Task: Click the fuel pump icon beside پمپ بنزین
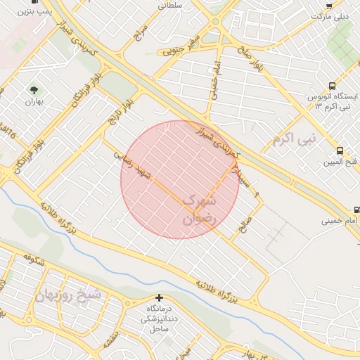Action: coord(35,2)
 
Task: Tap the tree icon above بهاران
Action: coord(32,89)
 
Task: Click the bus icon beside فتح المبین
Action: coord(340,150)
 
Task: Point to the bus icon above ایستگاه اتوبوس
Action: coord(330,85)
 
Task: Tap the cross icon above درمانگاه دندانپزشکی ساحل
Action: coord(160,298)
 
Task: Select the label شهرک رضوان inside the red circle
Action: coord(201,210)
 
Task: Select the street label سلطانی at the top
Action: coord(171,4)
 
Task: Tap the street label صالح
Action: coord(247,226)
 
